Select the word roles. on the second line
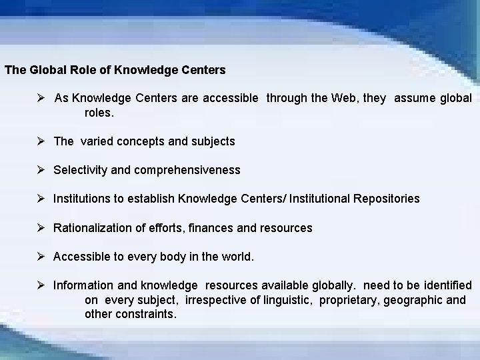click(x=99, y=113)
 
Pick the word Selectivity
click(x=81, y=170)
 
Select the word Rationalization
click(x=93, y=228)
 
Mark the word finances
click(x=211, y=228)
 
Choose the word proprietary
click(x=349, y=300)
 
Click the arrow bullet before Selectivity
click(x=42, y=170)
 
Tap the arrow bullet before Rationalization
click(x=42, y=228)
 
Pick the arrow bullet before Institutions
click(x=42, y=199)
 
